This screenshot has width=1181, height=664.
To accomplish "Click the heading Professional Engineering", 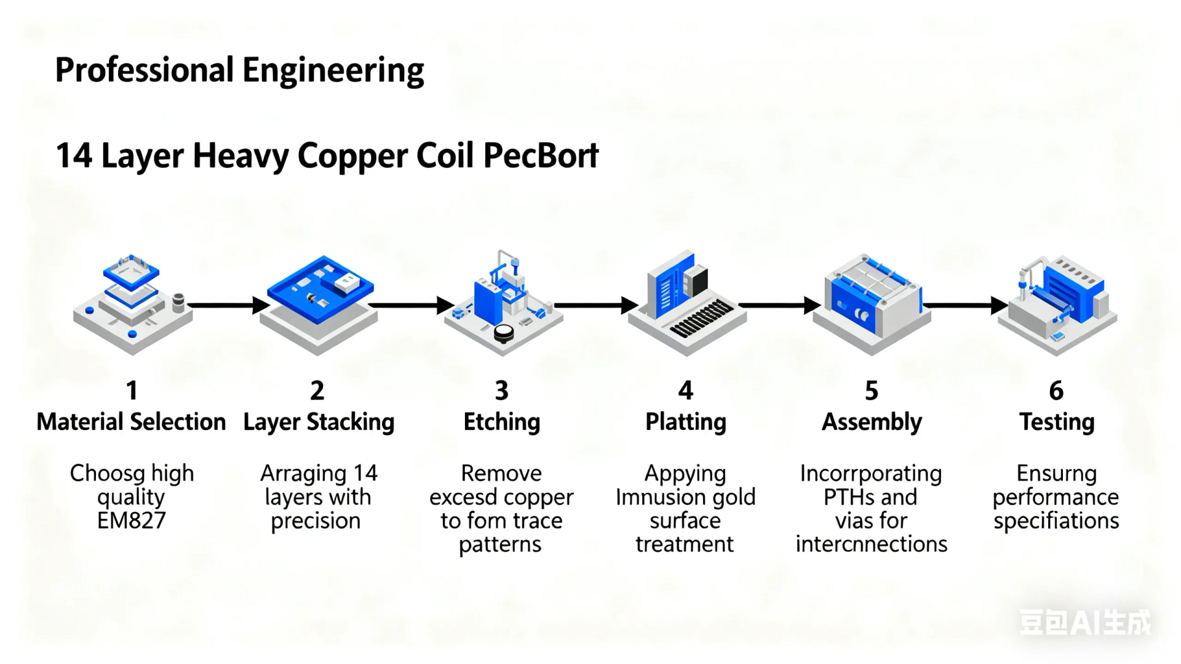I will pos(239,70).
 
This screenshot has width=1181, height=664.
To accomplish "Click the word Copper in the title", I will pos(352,156).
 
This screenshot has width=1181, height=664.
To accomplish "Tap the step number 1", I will pos(132,390).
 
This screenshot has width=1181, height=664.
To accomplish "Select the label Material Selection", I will pos(131,422).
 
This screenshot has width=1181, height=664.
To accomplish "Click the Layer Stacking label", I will pos(319,422).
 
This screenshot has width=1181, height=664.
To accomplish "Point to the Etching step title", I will pos(501,422).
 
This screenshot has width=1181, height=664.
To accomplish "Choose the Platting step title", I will pos(685,422).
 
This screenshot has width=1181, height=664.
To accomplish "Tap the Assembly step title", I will pos(872,422).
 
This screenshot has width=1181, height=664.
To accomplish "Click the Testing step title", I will pos(1056,422).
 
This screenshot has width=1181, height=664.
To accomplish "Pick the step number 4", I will pos(685,390).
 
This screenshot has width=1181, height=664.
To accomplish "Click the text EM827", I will pos(131,521).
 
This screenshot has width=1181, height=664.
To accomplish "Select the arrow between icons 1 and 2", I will pos(228,305).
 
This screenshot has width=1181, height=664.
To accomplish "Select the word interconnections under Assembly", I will pos(871,545).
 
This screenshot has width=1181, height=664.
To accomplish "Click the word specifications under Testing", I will pos(1056,521).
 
